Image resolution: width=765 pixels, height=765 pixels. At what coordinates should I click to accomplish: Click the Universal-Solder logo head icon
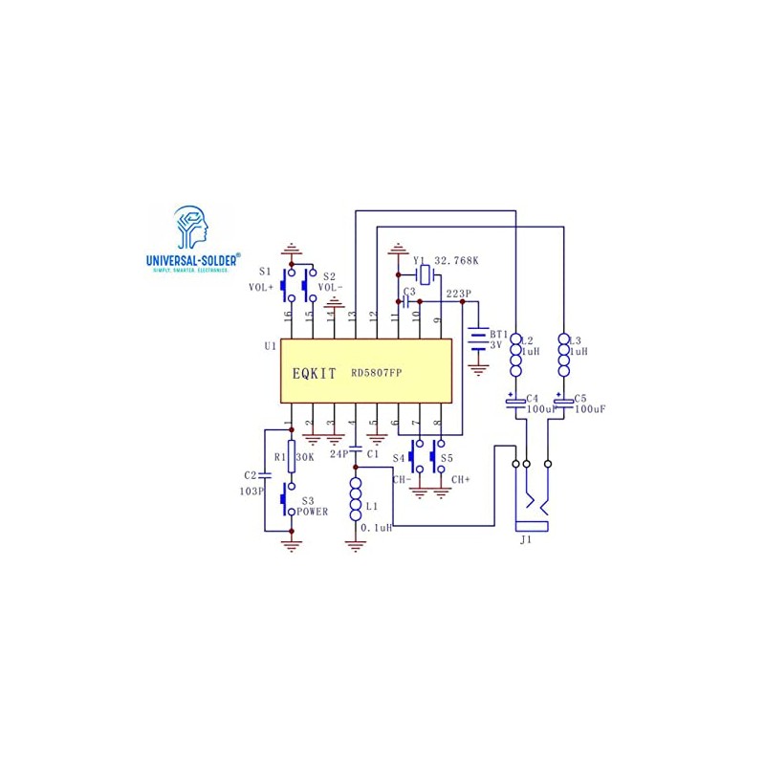point(192,228)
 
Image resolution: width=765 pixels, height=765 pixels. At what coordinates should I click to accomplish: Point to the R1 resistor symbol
point(292,458)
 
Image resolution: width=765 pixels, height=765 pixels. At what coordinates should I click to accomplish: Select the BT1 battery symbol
point(477,340)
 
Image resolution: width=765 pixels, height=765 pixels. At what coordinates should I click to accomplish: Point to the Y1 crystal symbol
point(426,275)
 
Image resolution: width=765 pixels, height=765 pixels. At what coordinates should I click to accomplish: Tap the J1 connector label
point(525,540)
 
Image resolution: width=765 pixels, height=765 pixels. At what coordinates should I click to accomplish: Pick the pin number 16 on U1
point(287,315)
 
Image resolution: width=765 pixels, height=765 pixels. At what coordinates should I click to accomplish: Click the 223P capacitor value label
point(459,295)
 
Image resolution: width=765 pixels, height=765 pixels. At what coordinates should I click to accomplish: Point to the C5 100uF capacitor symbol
point(562,401)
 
